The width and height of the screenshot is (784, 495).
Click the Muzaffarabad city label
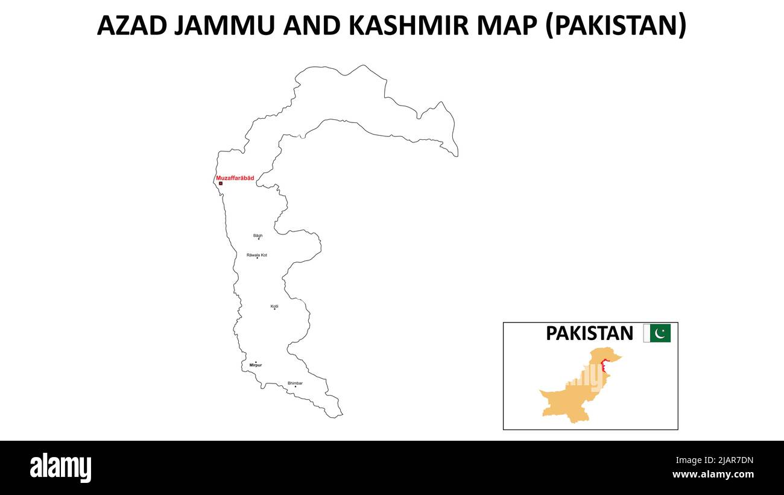click(235, 178)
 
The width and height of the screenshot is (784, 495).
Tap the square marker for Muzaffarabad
click(221, 183)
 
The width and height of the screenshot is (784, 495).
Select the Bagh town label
click(258, 236)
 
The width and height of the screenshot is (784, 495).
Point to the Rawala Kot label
click(257, 255)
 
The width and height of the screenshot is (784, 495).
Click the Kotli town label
click(274, 306)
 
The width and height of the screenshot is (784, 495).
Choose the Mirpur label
click(256, 365)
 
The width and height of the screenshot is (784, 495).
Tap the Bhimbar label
click(295, 383)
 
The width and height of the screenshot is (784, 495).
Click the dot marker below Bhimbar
click(296, 387)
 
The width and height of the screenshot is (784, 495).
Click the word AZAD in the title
click(132, 26)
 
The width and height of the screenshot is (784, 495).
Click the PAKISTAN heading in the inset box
click(589, 333)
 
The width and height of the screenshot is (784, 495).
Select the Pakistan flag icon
click(657, 333)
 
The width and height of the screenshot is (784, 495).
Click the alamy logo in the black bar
click(60, 467)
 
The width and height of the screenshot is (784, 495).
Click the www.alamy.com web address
click(713, 475)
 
